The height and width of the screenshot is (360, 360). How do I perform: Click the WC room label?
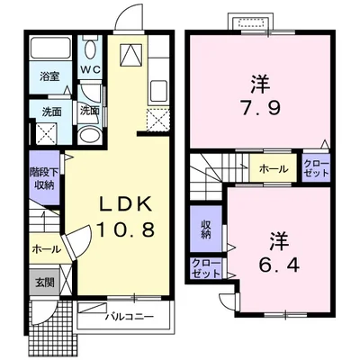pyautogui.click(x=90, y=70)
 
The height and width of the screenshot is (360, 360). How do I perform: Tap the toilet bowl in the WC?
pyautogui.click(x=90, y=49)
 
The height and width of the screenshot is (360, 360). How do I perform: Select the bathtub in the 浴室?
pyautogui.click(x=51, y=47)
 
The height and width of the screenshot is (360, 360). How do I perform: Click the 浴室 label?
pyautogui.click(x=49, y=76)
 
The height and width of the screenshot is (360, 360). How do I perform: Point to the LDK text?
pyautogui.click(x=125, y=205)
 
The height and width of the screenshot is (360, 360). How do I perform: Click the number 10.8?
pyautogui.click(x=125, y=230)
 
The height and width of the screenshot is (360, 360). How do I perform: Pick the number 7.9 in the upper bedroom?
pyautogui.click(x=261, y=107)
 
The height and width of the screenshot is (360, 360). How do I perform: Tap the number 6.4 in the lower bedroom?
pyautogui.click(x=279, y=264)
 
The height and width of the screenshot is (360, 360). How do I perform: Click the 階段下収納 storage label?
pyautogui.click(x=45, y=178)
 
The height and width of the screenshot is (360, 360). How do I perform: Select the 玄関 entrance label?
pyautogui.click(x=45, y=283)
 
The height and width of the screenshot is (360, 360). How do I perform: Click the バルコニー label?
pyautogui.click(x=130, y=317)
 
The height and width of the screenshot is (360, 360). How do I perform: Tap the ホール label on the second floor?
pyautogui.click(x=274, y=169)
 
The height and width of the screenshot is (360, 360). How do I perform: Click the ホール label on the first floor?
pyautogui.click(x=47, y=249)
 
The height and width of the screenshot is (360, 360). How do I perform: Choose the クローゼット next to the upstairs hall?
pyautogui.click(x=317, y=168)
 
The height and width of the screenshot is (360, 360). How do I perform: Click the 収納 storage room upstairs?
pyautogui.click(x=206, y=229)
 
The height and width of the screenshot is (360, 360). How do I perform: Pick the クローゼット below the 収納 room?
pyautogui.click(x=206, y=268)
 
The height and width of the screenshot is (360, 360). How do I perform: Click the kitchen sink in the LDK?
pyautogui.click(x=158, y=91)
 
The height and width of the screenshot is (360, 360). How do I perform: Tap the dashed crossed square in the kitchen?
pyautogui.click(x=158, y=121)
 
